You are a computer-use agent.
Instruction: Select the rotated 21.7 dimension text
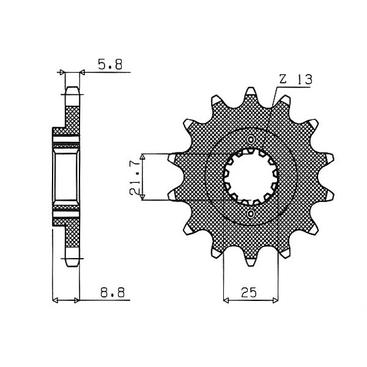click(x=135, y=178)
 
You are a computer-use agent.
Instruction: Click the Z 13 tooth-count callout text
click(x=295, y=80)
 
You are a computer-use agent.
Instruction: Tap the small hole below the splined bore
click(x=251, y=213)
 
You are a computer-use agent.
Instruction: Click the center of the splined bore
click(x=251, y=177)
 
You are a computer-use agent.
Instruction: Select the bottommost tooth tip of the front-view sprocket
click(x=251, y=263)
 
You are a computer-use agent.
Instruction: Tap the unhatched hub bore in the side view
click(x=65, y=177)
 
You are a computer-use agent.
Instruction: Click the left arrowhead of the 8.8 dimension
click(x=57, y=300)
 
